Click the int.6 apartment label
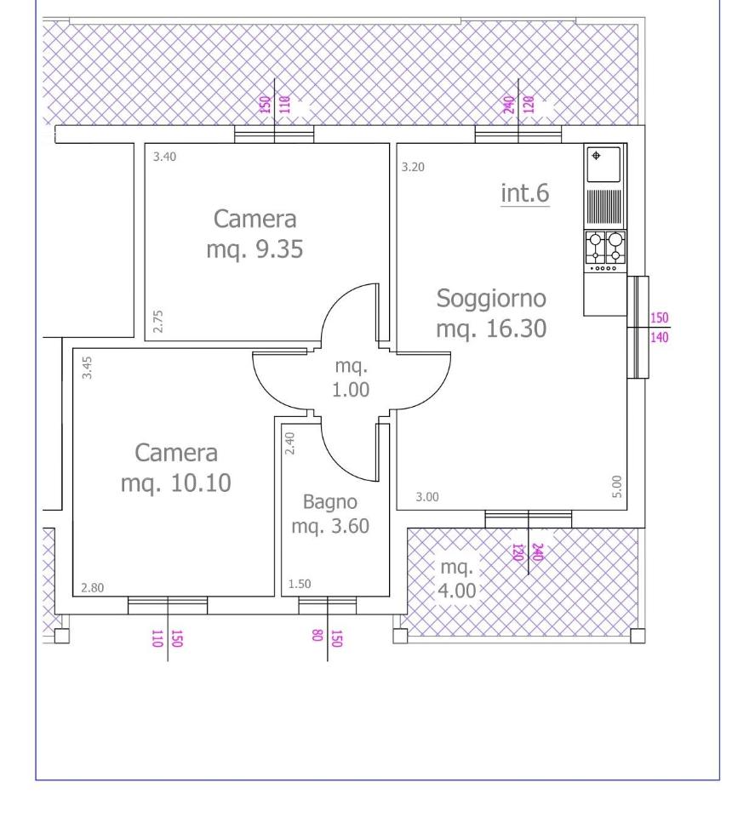[524, 193]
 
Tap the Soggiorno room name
[491, 299]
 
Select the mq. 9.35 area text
[255, 249]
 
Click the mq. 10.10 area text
[176, 483]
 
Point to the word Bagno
[330, 502]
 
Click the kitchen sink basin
[603, 164]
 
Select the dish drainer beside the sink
[604, 206]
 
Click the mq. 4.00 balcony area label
[457, 579]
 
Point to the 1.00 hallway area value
[351, 390]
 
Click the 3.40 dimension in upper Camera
[164, 157]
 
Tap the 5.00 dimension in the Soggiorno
[617, 487]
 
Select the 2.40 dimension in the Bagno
[290, 443]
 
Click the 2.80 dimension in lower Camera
[92, 588]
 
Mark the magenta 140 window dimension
[659, 337]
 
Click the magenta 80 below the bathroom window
[317, 635]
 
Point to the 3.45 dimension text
[87, 368]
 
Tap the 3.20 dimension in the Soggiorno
[413, 168]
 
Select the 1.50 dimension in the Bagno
[300, 584]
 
